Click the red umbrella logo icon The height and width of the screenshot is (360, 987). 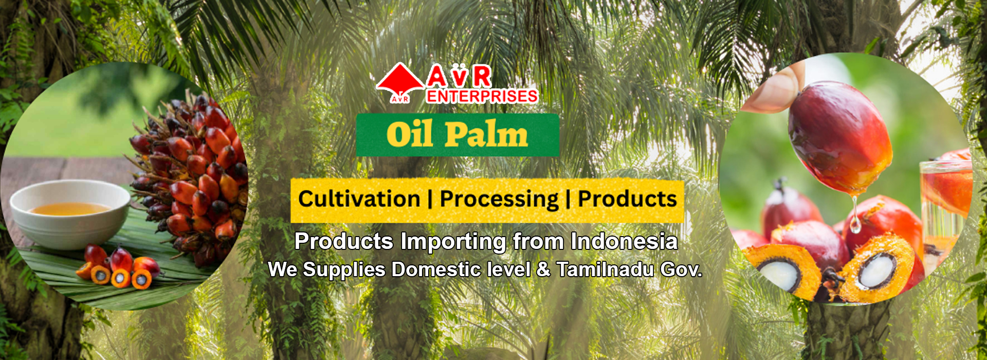(x=400, y=82)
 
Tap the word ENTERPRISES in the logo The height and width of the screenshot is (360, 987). (x=482, y=96)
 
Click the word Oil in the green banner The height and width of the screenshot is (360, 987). (x=409, y=135)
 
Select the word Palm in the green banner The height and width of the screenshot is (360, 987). (x=486, y=135)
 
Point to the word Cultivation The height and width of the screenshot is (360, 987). (x=359, y=199)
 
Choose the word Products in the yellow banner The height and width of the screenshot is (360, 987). (x=627, y=199)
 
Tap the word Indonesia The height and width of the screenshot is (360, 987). (x=624, y=241)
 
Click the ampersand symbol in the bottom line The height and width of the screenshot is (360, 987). (x=543, y=270)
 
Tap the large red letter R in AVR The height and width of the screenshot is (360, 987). (x=481, y=77)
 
